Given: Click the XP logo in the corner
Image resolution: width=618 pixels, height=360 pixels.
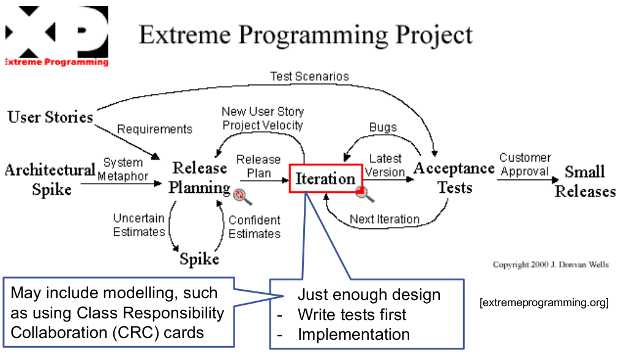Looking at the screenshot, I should click(x=56, y=36).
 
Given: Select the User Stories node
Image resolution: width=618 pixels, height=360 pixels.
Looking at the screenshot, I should click(x=50, y=116).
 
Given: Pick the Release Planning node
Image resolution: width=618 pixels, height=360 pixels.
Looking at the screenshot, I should click(x=199, y=178).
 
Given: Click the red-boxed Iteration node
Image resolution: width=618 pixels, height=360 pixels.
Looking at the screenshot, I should click(x=325, y=178).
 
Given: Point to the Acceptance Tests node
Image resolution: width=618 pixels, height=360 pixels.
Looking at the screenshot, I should click(x=454, y=178).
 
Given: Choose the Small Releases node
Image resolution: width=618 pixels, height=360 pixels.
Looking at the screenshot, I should click(x=585, y=181).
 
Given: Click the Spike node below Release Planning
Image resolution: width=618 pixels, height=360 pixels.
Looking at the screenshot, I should click(x=199, y=259).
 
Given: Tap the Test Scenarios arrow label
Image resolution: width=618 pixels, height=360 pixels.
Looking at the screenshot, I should click(x=309, y=77).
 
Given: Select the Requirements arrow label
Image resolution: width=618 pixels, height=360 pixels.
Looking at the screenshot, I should click(x=155, y=129).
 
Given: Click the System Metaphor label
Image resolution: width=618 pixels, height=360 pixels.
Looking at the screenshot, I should click(x=124, y=170).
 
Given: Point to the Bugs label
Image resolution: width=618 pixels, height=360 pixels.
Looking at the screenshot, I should click(x=383, y=127).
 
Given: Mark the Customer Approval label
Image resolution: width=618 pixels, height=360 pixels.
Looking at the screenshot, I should click(x=525, y=164).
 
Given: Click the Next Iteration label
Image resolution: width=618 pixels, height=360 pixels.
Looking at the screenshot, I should click(x=385, y=219).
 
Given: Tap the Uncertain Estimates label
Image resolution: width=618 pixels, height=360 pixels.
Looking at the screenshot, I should click(x=139, y=225).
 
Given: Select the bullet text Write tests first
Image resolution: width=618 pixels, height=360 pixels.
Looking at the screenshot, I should click(x=352, y=315).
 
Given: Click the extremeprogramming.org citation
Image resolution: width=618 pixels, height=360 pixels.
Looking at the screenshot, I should click(x=545, y=302).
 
